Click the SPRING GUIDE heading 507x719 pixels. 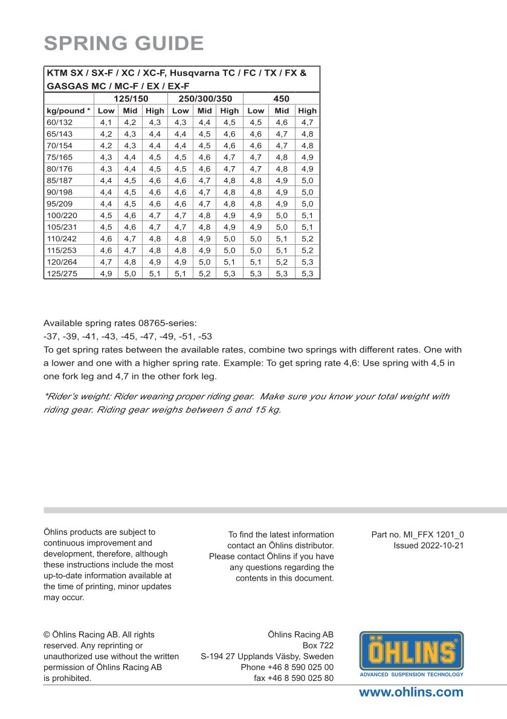[123, 44]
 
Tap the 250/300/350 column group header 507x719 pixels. [205, 98]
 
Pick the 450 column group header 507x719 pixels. [281, 98]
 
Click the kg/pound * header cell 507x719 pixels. [68, 111]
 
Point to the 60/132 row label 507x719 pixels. [59, 122]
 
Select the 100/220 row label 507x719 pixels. [61, 215]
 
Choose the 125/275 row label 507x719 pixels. [61, 273]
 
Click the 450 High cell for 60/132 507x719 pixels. [307, 122]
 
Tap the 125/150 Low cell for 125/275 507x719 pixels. [106, 273]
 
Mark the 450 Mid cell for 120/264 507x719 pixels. [282, 262]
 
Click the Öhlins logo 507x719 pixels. [412, 654]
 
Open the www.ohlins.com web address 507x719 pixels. [411, 692]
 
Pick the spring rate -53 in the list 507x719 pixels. [205, 336]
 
